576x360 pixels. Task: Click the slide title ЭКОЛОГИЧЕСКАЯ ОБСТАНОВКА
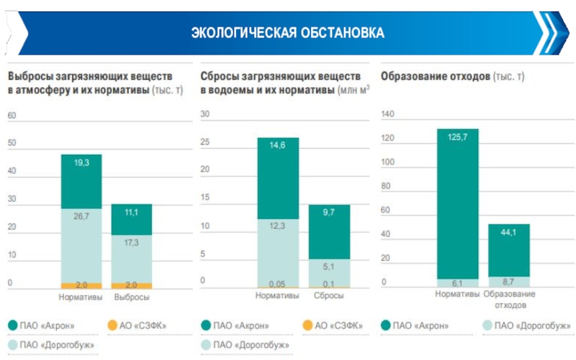point(287,33)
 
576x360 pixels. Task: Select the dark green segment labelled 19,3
point(81,181)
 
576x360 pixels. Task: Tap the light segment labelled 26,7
point(81,245)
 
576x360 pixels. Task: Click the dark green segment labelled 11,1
point(131,219)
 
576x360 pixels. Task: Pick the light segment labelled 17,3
point(131,257)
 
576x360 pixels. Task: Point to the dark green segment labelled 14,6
point(277,178)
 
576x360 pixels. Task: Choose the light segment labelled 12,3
point(277,252)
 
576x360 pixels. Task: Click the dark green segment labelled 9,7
point(329,232)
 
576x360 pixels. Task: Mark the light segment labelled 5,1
point(329,272)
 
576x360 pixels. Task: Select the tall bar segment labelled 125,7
point(457,203)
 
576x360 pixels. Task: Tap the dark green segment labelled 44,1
point(508,250)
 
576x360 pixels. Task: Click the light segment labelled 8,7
point(508,282)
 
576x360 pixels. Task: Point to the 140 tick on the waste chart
point(389,114)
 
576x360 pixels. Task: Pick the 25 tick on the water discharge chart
point(205,142)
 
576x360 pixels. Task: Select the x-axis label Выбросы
point(131,297)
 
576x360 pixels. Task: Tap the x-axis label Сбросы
point(328,297)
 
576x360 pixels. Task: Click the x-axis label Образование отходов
point(509,300)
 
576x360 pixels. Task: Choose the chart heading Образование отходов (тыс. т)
point(453,76)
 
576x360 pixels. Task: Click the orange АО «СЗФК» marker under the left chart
point(111,325)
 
